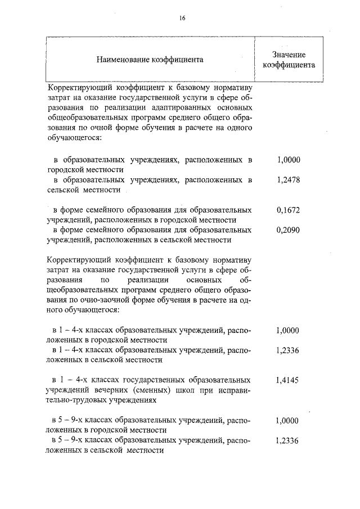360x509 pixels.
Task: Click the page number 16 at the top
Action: coord(182,18)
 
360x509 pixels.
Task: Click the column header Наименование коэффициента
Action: coord(150,59)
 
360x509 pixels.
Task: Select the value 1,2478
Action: coord(289,181)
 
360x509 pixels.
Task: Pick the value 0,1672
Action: coord(289,210)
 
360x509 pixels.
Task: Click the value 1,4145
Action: coord(289,380)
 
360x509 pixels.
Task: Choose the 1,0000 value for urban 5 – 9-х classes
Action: coord(289,421)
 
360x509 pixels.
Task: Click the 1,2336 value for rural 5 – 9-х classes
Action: coord(289,441)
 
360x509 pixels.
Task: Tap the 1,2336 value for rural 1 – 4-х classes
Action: coord(289,350)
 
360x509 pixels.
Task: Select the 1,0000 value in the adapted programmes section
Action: coord(289,160)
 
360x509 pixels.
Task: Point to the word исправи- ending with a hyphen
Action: coord(232,390)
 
